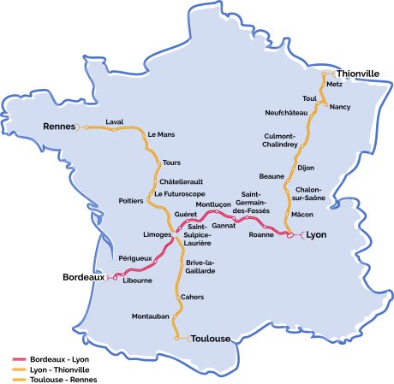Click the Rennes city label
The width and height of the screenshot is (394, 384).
coord(57,127)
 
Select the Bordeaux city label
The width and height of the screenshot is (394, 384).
coord(82,278)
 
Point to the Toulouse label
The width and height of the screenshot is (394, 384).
coord(210,339)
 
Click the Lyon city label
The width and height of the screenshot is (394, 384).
coord(316,233)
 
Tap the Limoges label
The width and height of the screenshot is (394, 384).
coord(157,233)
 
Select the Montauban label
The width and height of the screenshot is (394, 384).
coord(151,316)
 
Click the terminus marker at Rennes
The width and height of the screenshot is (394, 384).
coord(77,127)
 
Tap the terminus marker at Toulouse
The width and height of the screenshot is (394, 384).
coord(177,339)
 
